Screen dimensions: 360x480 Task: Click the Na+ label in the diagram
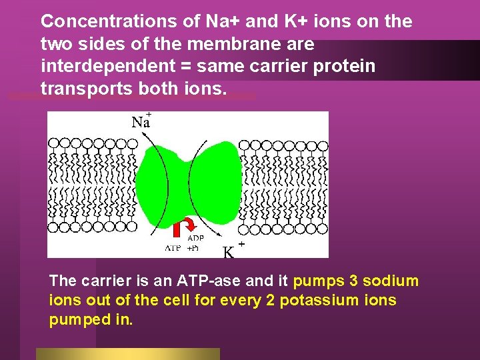coord(141,121)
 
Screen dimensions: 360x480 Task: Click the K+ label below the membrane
coord(229,252)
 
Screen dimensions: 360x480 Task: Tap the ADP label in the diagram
coord(196,238)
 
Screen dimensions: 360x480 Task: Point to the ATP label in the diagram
coord(173,247)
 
